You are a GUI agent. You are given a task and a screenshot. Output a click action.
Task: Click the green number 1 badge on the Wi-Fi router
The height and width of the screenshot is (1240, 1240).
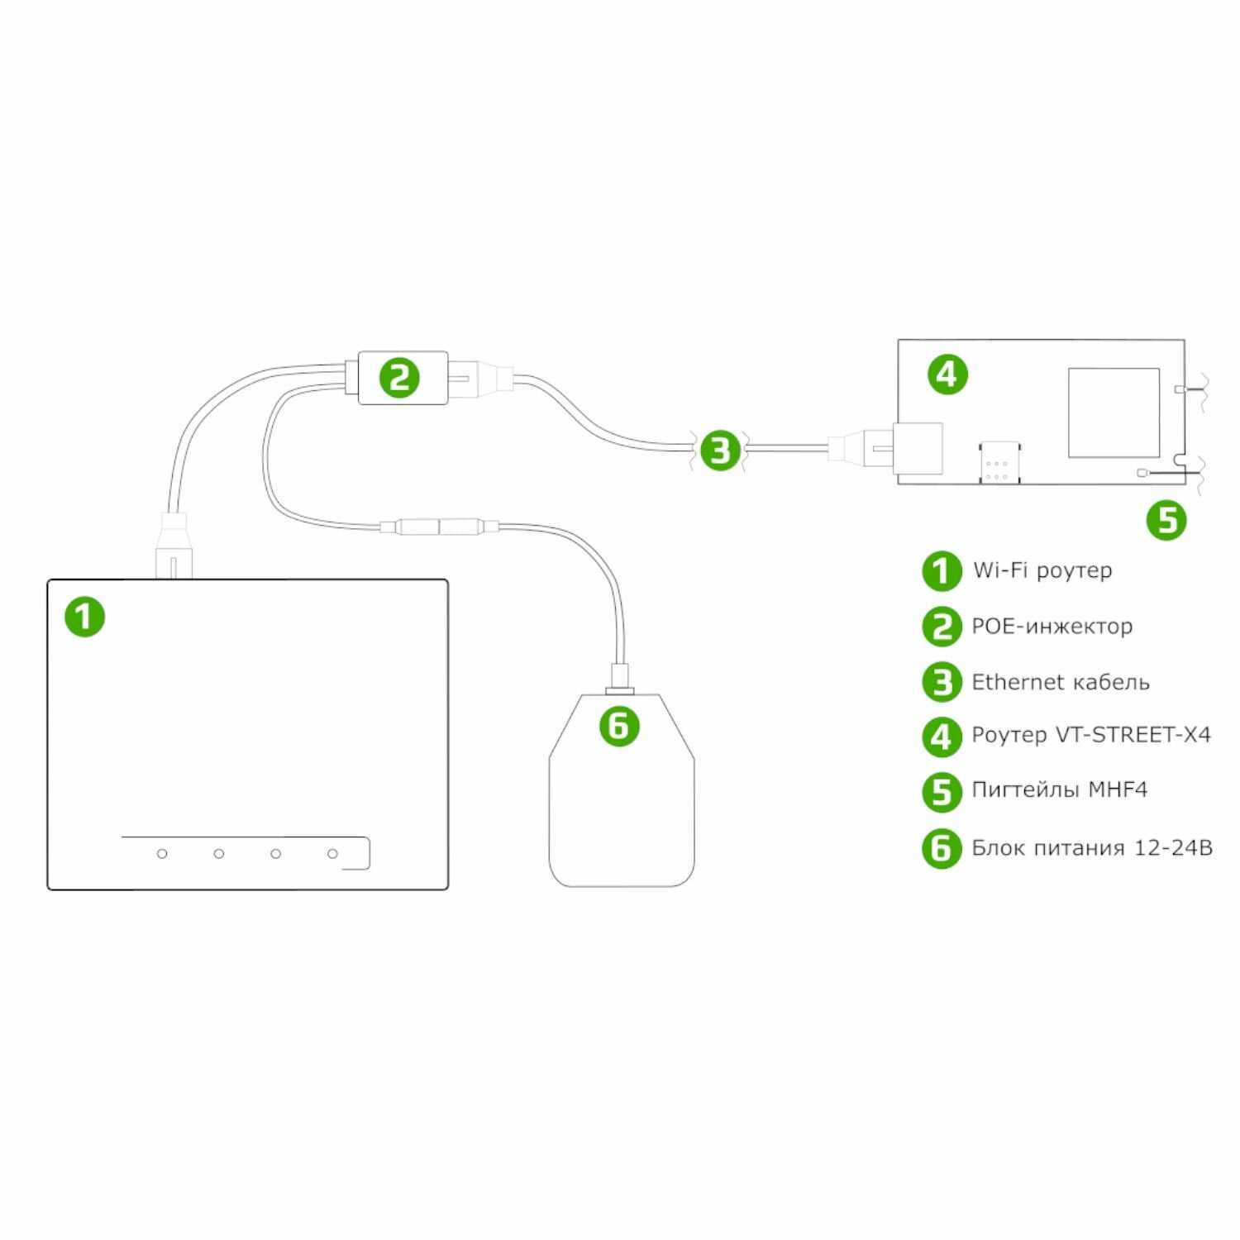point(85,617)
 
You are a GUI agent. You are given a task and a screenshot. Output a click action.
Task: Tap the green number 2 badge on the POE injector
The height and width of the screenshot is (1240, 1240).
point(399,378)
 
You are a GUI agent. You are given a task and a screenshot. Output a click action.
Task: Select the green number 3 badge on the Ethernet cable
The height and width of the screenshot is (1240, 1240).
point(720,451)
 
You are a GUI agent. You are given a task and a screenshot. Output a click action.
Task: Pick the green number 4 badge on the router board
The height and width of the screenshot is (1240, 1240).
point(947,374)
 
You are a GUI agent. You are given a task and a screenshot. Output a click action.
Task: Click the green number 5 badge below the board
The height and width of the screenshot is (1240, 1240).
point(1166,520)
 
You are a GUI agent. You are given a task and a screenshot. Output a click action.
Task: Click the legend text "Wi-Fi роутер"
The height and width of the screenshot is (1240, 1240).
point(1042,570)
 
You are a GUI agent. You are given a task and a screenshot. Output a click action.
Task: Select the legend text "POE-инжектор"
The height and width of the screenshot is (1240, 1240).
point(1052,627)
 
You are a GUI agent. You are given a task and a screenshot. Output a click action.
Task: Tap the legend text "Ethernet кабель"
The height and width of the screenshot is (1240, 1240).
point(1061,682)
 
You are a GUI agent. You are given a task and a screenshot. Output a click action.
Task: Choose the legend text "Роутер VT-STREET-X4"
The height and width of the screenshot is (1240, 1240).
point(1091,735)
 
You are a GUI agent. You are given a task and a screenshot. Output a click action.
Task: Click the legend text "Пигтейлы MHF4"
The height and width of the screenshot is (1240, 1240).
point(1060,790)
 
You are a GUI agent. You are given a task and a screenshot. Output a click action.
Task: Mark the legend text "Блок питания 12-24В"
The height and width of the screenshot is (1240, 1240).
point(1092,848)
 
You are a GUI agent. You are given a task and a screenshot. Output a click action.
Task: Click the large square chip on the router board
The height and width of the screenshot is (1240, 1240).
point(1114,413)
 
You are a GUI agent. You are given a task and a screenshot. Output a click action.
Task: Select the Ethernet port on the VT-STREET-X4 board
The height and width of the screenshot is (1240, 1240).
point(918,450)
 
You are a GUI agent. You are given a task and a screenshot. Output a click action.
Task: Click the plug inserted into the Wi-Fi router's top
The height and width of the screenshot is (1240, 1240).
point(174,546)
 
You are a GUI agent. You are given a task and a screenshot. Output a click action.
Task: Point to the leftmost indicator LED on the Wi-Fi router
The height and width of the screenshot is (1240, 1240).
point(162,853)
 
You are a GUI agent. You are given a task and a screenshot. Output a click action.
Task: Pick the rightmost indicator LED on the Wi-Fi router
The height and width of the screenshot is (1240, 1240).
point(332,853)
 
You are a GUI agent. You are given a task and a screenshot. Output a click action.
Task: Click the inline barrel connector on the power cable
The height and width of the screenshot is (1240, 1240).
point(440,527)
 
